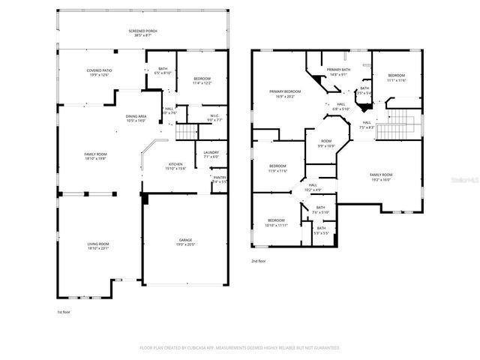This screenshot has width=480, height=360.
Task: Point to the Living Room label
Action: tap(98, 245)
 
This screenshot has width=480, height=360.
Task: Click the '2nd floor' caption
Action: tap(259, 261)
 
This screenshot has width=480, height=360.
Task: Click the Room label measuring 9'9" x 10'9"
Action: tap(326, 142)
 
